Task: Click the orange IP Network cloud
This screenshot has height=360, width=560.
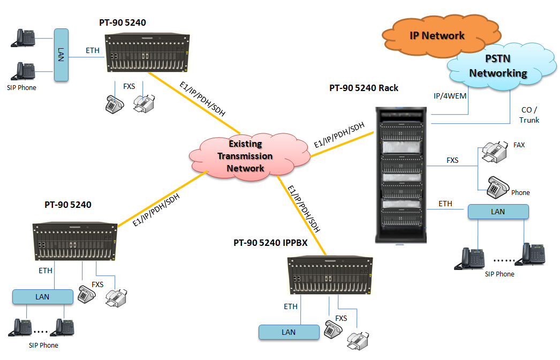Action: coord(437,36)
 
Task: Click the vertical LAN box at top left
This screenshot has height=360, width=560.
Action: coord(61,55)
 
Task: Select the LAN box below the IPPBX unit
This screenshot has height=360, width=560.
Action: coord(289,332)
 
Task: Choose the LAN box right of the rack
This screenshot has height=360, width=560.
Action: coord(498,212)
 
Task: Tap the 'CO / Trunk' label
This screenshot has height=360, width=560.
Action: coord(529,115)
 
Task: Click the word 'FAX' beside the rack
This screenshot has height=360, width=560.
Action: coord(519,145)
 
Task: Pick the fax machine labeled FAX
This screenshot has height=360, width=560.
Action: coord(494,152)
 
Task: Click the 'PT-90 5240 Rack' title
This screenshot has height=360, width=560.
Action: coord(364,88)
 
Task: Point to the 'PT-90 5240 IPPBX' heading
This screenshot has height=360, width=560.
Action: coord(270,243)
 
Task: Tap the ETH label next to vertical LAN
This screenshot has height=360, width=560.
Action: coord(93,51)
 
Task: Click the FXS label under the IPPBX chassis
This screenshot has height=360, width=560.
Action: coord(341,318)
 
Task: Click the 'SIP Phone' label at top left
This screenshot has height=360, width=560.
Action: coord(21,87)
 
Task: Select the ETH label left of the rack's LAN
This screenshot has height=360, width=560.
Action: coord(445,204)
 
